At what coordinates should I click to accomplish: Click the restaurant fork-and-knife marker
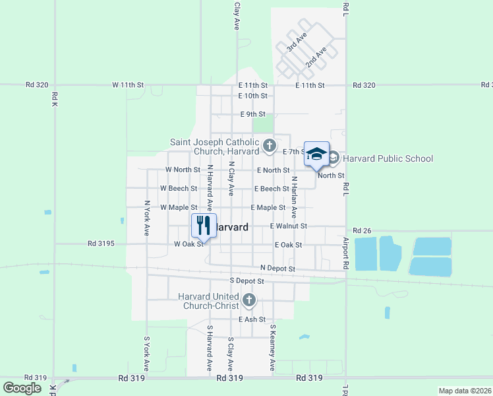204,226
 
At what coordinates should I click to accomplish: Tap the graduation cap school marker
316,154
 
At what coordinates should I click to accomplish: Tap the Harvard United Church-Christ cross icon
248,300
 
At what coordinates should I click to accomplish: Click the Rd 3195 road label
101,244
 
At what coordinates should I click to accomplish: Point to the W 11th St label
128,85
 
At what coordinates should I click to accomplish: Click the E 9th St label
252,114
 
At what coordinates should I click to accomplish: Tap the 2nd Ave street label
316,57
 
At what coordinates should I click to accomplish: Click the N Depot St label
277,269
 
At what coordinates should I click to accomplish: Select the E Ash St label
252,319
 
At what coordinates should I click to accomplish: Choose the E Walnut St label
288,226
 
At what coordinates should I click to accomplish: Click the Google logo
22,388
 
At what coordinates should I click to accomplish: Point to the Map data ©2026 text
465,391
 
